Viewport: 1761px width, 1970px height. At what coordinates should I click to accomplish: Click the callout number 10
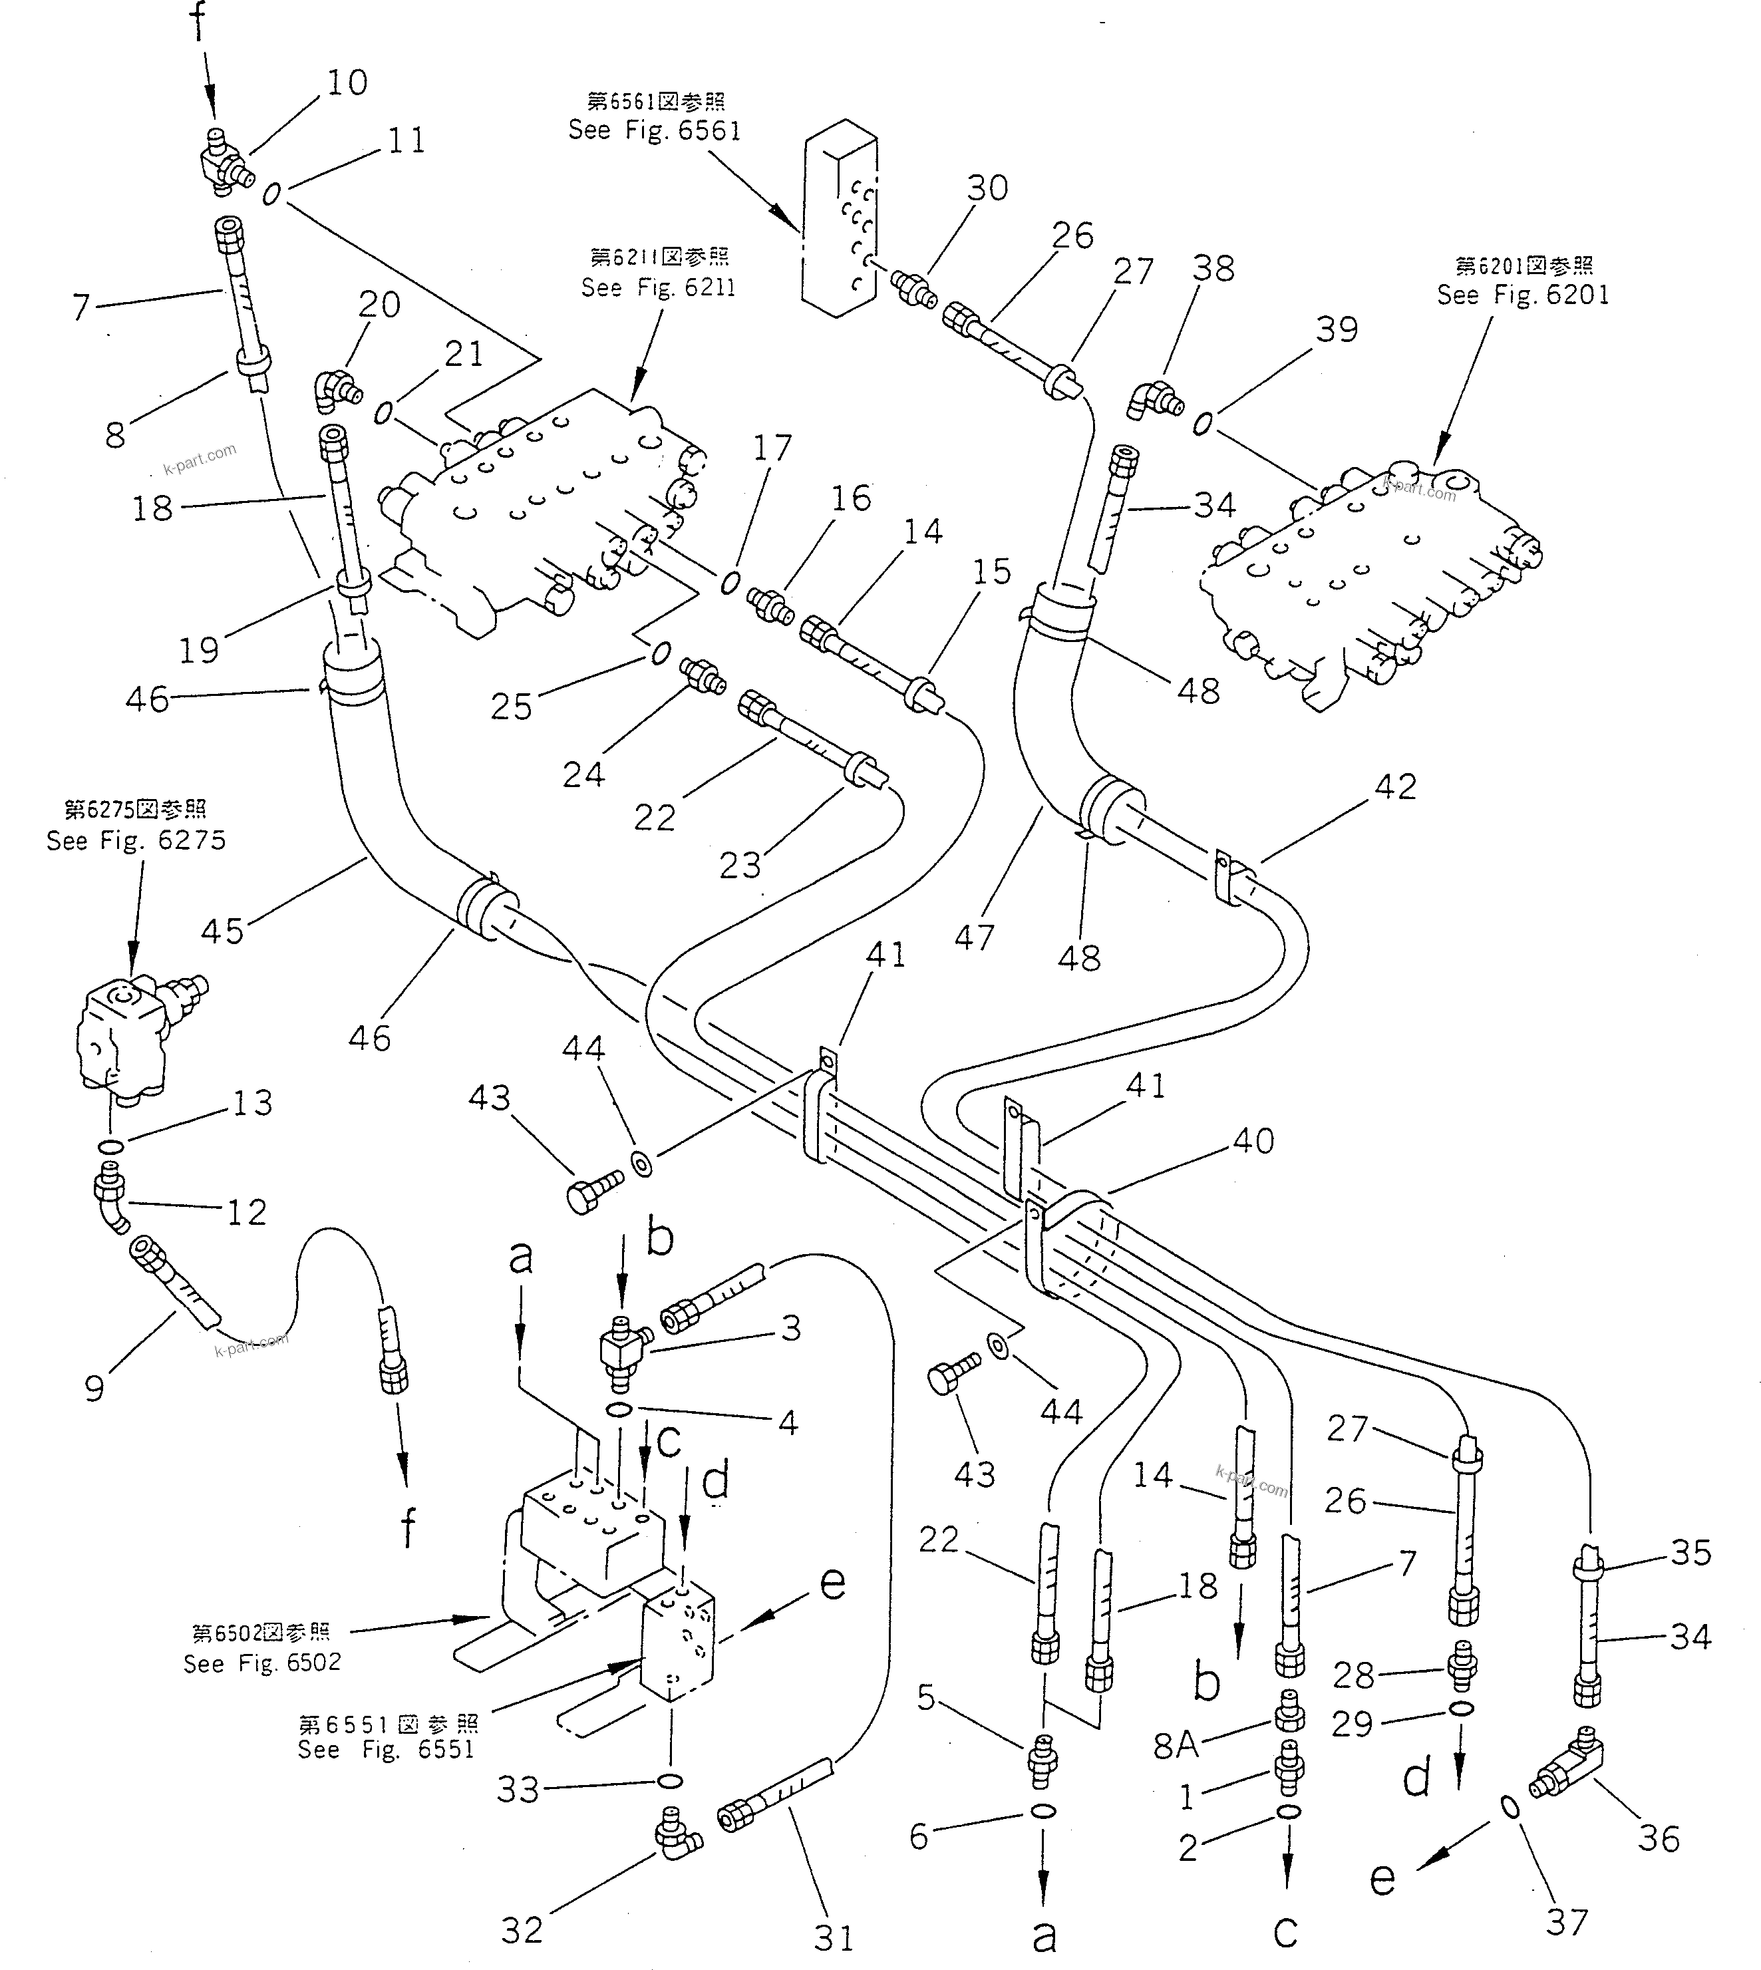click(x=347, y=83)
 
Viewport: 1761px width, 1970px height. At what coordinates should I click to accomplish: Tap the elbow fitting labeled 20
click(x=332, y=391)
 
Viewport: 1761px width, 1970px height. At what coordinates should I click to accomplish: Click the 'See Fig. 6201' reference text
click(x=1523, y=295)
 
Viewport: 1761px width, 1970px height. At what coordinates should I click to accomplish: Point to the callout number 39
click(x=1337, y=330)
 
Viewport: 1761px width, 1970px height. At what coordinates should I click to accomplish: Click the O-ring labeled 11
click(x=272, y=194)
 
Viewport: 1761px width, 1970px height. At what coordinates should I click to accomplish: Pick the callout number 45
click(x=223, y=931)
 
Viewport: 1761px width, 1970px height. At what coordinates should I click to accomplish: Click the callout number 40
click(x=1253, y=1141)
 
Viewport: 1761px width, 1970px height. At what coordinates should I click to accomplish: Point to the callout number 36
click(x=1659, y=1838)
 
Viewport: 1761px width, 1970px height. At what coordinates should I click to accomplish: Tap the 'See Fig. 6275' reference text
click(x=136, y=840)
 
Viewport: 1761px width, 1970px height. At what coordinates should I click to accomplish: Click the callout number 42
click(x=1394, y=786)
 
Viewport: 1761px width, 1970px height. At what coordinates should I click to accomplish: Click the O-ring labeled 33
click(x=669, y=1780)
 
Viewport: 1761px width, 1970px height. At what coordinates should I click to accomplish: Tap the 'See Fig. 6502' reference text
click(x=262, y=1663)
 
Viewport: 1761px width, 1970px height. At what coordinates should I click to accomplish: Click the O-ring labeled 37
click(x=1508, y=1806)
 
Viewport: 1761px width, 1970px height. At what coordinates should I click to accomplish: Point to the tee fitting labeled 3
click(x=619, y=1346)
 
